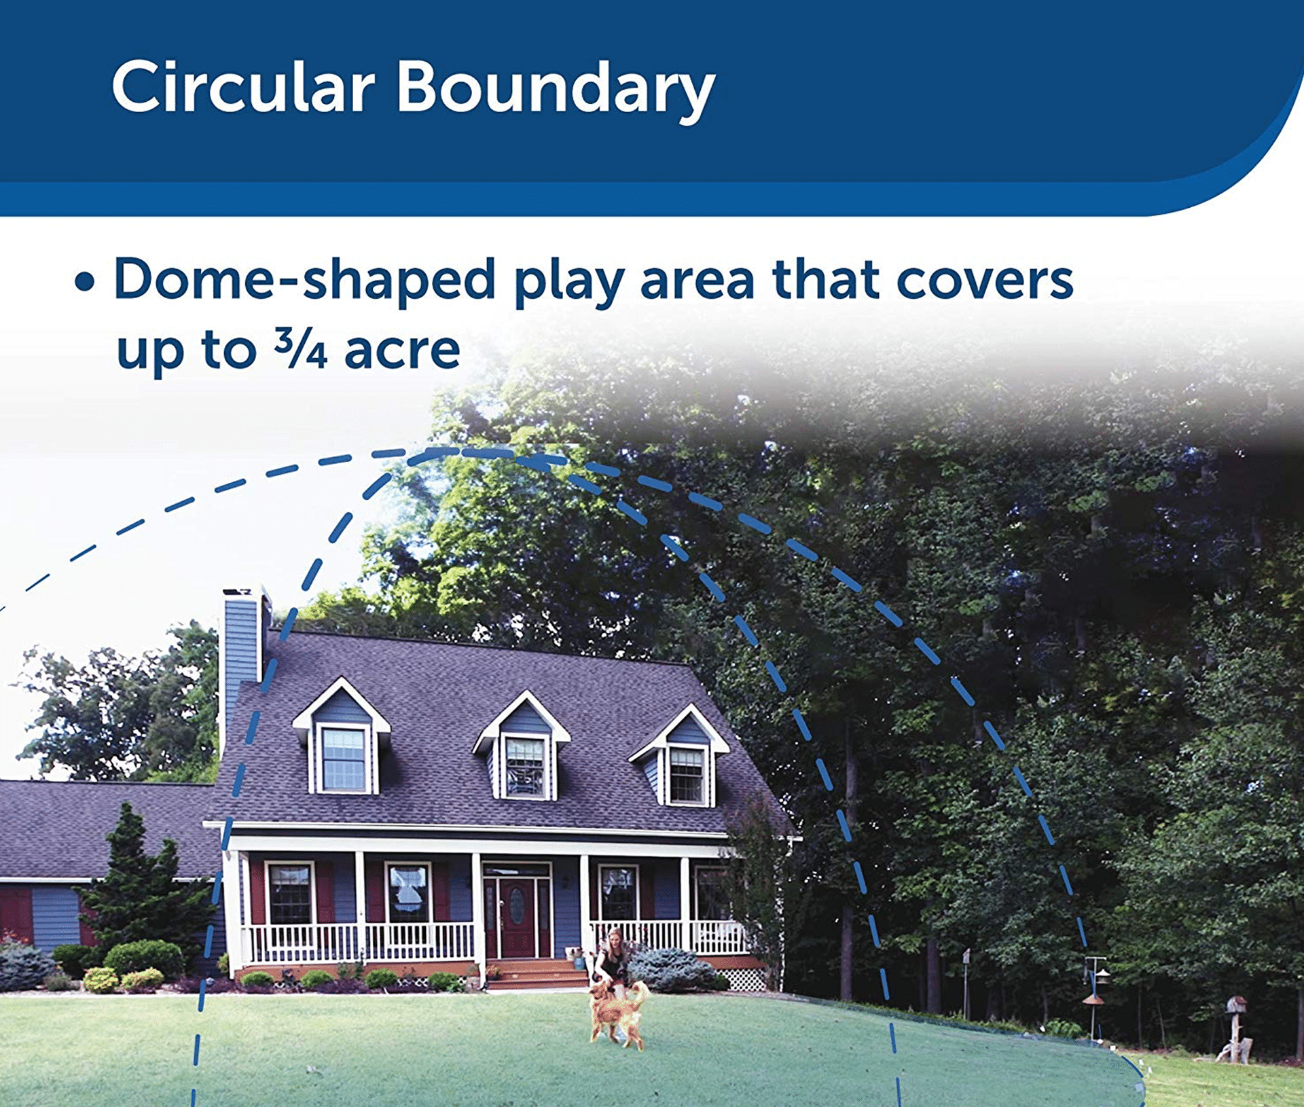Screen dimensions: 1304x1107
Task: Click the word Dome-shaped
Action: point(304,280)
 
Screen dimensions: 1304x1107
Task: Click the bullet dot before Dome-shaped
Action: point(84,282)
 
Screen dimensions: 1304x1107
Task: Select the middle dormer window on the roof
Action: point(525,765)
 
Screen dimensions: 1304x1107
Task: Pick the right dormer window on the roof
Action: point(687,774)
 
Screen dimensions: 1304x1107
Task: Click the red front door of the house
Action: point(518,917)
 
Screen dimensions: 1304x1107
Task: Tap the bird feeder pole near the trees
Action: point(1094,998)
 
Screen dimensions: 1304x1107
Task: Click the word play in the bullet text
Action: point(568,281)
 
